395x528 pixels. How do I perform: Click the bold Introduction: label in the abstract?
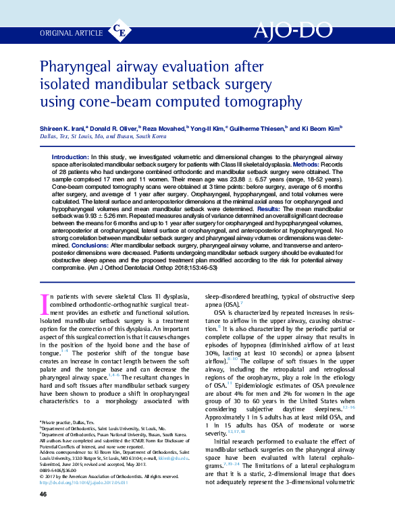coord(70,156)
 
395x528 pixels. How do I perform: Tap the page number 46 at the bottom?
coord(43,514)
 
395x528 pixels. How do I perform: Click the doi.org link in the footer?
coord(90,482)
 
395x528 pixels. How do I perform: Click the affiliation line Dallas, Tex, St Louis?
coord(103,136)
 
